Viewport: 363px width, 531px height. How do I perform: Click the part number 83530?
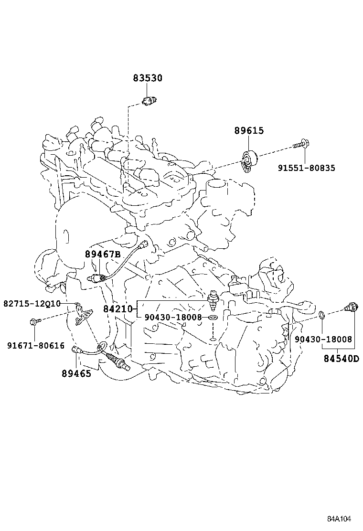(148, 78)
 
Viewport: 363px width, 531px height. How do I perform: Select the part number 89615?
(249, 130)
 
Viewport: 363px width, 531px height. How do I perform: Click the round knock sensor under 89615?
(249, 160)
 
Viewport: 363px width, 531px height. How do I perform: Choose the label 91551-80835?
(306, 168)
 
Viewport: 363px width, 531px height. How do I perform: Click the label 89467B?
(103, 254)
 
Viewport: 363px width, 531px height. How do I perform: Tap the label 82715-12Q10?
(32, 303)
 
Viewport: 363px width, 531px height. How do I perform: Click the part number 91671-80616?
(36, 345)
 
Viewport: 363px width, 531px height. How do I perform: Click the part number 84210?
(117, 309)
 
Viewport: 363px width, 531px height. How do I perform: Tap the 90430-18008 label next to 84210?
(173, 317)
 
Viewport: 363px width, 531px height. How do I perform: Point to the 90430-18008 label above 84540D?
(323, 340)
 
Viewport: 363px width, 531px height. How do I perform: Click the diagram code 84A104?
(339, 519)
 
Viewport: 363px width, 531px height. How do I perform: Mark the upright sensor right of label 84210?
(213, 301)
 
